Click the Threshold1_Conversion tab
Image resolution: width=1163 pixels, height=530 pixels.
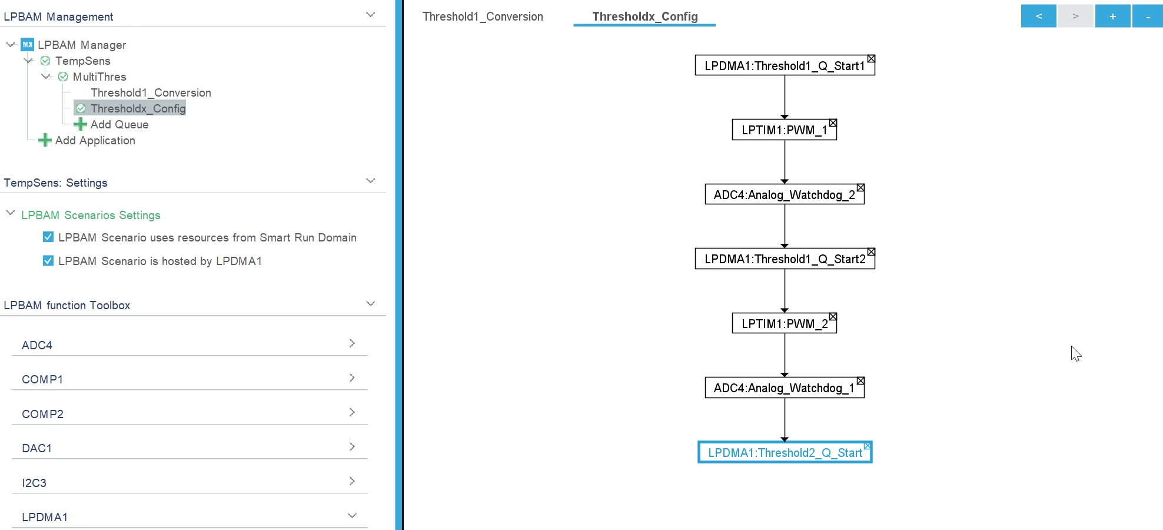[x=483, y=16]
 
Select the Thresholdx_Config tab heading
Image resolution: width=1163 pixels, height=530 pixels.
[x=645, y=16]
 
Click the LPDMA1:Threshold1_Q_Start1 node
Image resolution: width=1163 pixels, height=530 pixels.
[x=785, y=65]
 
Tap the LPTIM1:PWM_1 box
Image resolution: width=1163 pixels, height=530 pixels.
[x=784, y=130]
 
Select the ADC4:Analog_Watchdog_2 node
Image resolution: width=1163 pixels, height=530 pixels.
[x=785, y=194]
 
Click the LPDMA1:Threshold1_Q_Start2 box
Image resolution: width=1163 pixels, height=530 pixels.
[x=785, y=259]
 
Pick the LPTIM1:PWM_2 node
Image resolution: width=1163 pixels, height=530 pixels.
[x=784, y=323]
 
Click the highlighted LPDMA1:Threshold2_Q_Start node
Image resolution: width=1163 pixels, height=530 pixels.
[x=785, y=452]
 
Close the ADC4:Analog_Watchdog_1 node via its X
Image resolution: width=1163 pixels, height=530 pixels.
[x=860, y=381]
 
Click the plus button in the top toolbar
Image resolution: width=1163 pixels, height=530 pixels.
[x=1112, y=16]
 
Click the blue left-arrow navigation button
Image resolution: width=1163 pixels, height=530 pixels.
[x=1039, y=16]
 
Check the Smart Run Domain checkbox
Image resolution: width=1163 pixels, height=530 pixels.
[x=48, y=237]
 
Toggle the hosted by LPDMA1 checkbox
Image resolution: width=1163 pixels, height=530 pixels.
[x=48, y=260]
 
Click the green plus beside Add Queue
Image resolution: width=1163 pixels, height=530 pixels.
[x=80, y=124]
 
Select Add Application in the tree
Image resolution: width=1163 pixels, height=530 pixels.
[x=95, y=140]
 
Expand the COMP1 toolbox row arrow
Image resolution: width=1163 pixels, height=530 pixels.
[x=352, y=377]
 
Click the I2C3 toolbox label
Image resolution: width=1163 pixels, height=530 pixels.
[x=34, y=483]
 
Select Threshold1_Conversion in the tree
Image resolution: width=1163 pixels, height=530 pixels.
[x=151, y=92]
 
